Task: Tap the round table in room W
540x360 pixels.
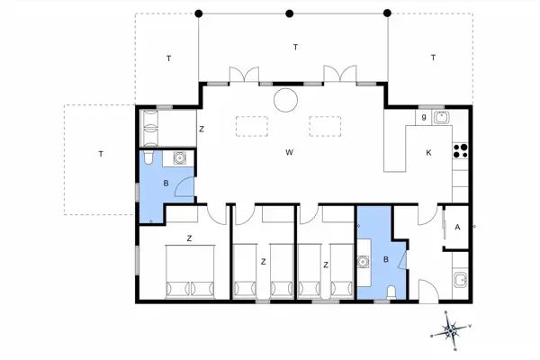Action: (285, 99)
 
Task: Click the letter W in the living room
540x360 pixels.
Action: (289, 152)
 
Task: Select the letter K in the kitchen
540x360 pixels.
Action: (428, 152)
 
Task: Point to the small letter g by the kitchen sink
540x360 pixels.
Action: (423, 117)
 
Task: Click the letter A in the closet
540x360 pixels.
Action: (457, 229)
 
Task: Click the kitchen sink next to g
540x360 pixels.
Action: (441, 117)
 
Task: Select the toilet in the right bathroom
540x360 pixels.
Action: (394, 291)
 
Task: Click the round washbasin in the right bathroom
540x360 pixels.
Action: (364, 264)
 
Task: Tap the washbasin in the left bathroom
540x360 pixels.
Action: (180, 159)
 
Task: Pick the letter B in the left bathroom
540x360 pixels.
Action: (166, 184)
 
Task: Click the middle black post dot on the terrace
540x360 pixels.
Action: (289, 13)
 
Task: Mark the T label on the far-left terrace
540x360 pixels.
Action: (101, 154)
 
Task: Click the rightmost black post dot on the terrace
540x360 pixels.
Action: (387, 13)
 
